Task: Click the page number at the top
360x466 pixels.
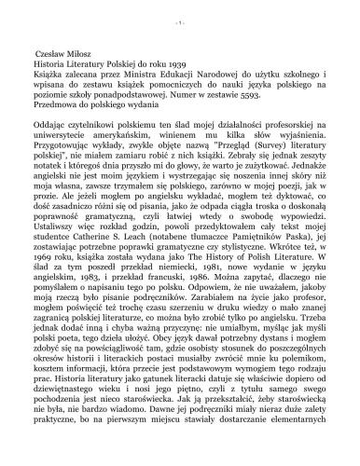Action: click(180, 12)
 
